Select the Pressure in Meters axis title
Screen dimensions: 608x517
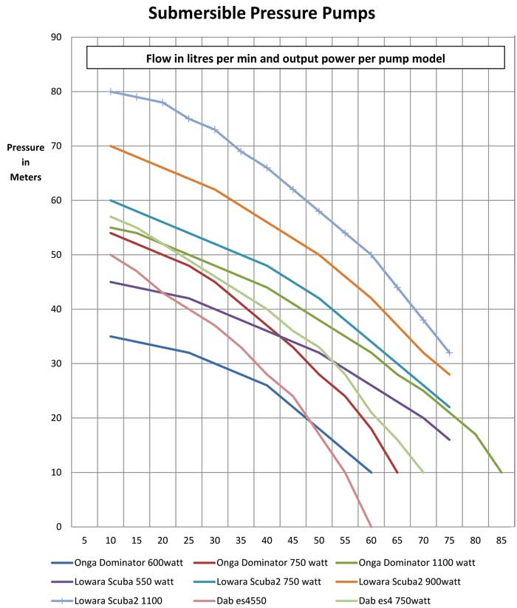tap(26, 162)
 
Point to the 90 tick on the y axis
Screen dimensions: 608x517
tap(56, 37)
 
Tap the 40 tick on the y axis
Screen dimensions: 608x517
tap(56, 309)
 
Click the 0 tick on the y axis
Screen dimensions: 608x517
tap(59, 527)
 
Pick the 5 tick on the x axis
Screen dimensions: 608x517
tap(85, 539)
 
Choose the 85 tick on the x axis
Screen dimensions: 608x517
tap(501, 539)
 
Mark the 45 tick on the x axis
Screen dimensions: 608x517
tap(293, 539)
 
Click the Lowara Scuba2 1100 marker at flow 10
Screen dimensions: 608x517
tap(111, 92)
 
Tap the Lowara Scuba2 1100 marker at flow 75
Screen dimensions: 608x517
tap(449, 352)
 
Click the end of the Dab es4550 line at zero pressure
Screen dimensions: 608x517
tap(371, 526)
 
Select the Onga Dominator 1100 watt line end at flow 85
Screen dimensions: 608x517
tap(501, 472)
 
